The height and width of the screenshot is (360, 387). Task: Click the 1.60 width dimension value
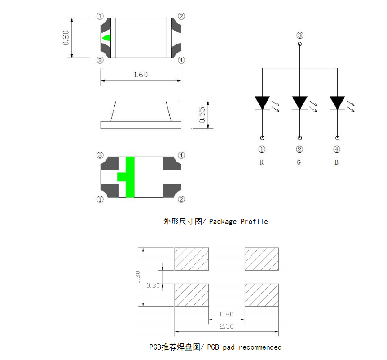click(x=141, y=75)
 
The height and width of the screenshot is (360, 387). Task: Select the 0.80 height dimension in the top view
click(x=66, y=38)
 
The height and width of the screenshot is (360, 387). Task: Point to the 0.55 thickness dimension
click(x=202, y=115)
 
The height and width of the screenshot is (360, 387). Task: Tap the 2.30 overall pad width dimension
click(x=227, y=326)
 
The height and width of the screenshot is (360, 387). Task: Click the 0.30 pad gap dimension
click(x=154, y=285)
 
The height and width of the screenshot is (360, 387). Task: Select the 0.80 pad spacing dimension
click(x=227, y=315)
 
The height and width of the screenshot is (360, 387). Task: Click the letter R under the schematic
click(x=262, y=162)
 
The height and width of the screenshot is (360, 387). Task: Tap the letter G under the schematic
click(x=299, y=162)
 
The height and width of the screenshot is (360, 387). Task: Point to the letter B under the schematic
click(x=336, y=162)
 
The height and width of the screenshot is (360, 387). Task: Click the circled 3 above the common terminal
click(x=300, y=35)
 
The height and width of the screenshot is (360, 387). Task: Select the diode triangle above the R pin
click(x=262, y=103)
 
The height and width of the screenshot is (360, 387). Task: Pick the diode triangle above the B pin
click(x=337, y=103)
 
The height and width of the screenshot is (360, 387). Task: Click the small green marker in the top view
click(x=106, y=38)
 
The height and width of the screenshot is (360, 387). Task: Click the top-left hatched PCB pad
click(x=191, y=259)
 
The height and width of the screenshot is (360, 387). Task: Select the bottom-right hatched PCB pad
click(x=262, y=295)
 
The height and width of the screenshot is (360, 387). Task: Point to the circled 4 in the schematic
click(x=337, y=150)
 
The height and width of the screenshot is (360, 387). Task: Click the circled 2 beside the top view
click(x=181, y=17)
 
